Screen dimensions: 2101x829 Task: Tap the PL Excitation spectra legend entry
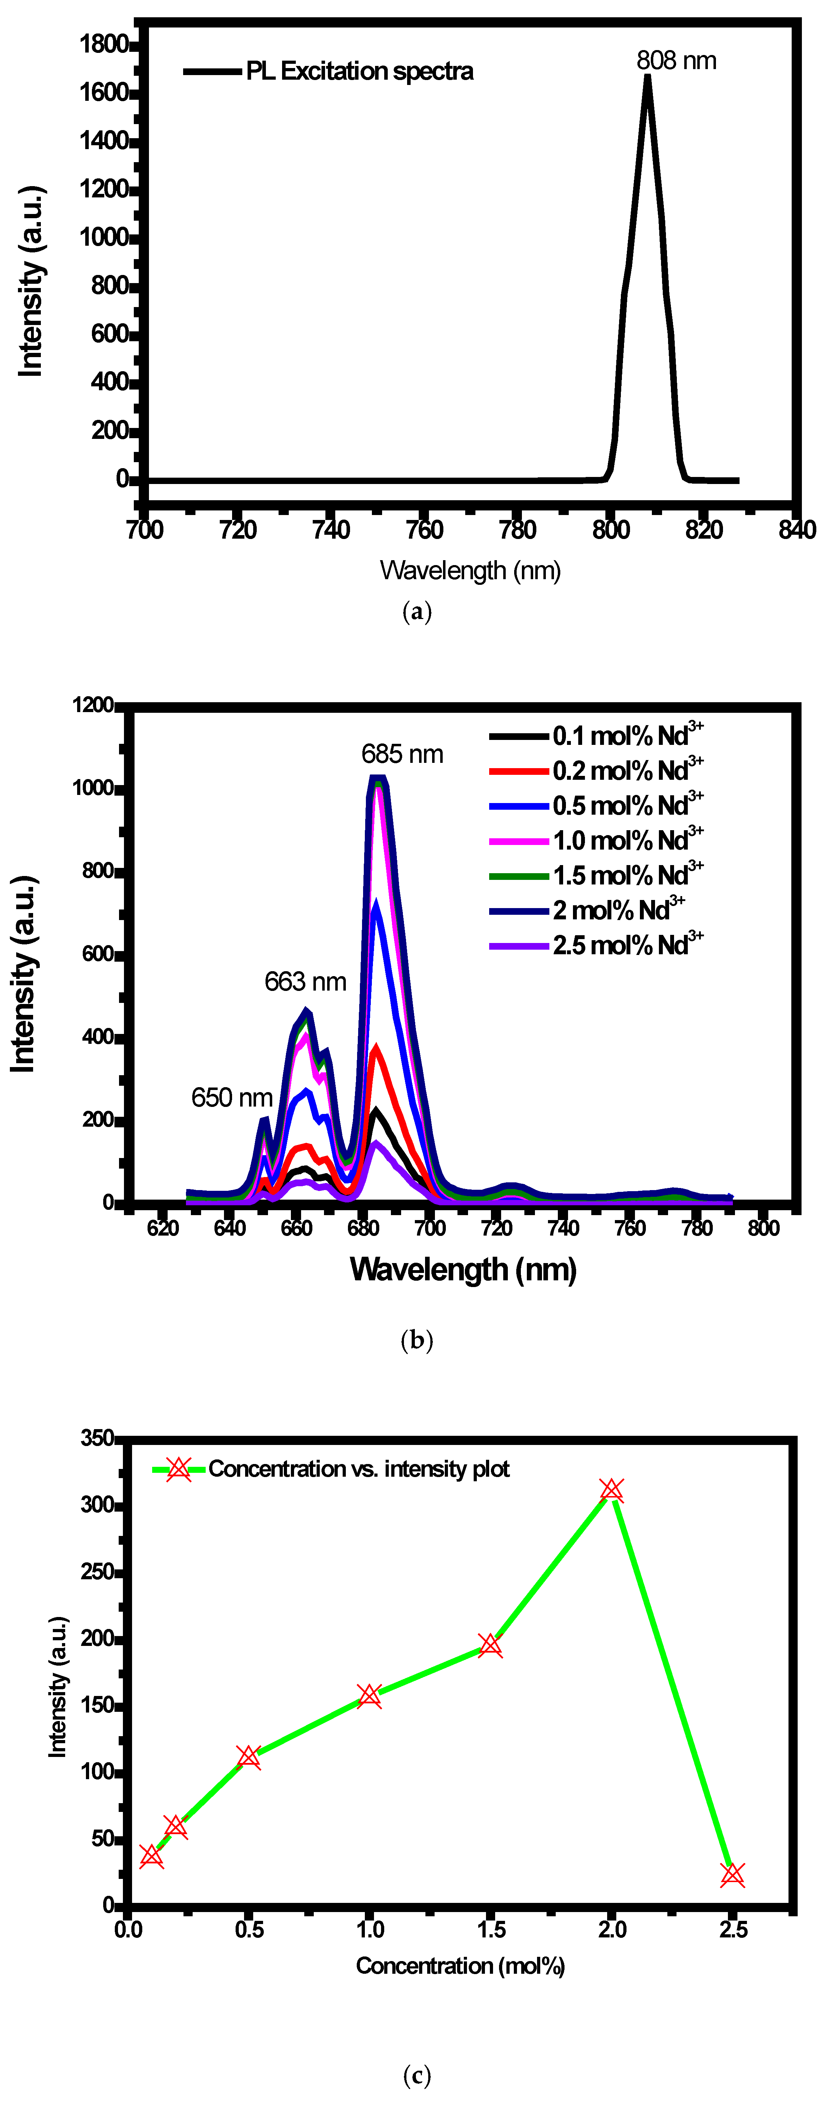(359, 72)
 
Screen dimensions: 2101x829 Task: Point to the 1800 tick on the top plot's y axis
(104, 44)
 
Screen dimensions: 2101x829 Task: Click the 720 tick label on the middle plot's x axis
(497, 1228)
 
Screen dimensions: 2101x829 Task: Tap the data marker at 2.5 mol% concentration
(732, 1874)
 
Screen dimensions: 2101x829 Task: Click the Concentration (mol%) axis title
(460, 1966)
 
